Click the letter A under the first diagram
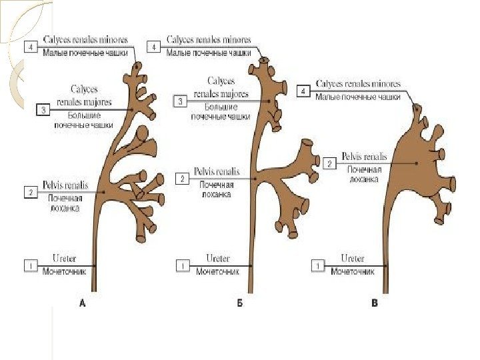coord(83,303)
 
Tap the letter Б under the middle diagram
coord(239,303)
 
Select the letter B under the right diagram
coord(374,303)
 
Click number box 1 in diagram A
coord(31,265)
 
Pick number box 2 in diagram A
coord(31,193)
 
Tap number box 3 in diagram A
coord(44,110)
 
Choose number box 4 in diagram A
coord(31,47)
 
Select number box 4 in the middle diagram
coord(155,47)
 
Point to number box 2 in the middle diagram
coord(181,179)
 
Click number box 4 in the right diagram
coord(305,91)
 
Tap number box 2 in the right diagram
coord(329,163)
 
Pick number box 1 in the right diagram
coord(319,265)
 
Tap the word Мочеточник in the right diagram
coord(353,272)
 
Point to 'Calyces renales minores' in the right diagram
coord(358,85)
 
